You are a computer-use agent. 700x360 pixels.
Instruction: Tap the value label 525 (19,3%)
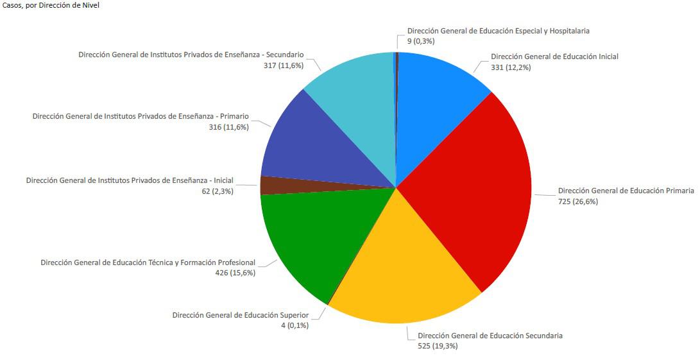point(438,347)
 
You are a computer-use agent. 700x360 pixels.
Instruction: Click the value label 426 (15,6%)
point(235,273)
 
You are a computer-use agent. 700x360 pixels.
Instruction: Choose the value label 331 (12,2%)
point(511,67)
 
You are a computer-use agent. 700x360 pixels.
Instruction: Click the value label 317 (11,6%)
point(283,65)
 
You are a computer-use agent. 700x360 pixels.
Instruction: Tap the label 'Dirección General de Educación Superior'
point(241,315)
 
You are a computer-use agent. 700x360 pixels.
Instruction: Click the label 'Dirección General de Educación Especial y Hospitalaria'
point(499,31)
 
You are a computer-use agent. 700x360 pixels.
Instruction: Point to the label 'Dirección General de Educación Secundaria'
point(490,336)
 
